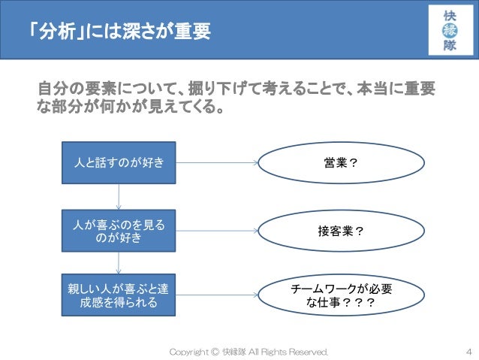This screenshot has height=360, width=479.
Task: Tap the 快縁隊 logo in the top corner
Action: tap(449, 30)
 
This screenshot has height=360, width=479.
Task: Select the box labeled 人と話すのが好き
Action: tap(119, 162)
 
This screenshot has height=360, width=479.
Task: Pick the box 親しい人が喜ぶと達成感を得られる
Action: tap(119, 296)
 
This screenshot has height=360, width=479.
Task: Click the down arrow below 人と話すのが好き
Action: tap(119, 197)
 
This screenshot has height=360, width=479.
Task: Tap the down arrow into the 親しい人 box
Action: tap(119, 262)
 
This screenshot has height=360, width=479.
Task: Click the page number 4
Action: tap(468, 351)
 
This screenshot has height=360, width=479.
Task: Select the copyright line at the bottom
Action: tap(249, 351)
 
